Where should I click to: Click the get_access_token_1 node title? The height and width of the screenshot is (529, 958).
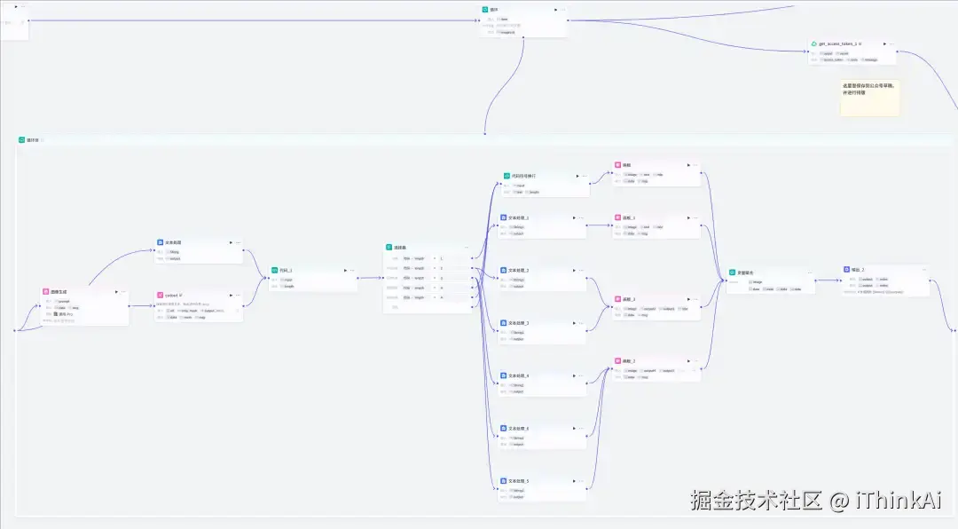point(839,43)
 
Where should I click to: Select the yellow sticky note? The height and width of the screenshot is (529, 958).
point(869,98)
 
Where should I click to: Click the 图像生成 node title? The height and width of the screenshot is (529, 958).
point(59,291)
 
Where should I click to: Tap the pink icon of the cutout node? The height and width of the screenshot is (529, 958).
point(160,295)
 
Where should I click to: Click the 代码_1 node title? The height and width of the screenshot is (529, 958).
point(286,270)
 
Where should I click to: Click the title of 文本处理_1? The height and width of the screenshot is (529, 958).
point(518,217)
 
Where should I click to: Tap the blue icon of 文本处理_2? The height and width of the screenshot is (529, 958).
point(503,270)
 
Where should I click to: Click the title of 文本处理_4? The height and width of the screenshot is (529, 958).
point(518,376)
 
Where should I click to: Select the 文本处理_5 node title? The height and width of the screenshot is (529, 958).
point(518,481)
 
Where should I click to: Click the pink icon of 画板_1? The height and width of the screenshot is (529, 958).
point(616,217)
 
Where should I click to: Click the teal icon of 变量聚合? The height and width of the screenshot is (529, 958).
point(732,272)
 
